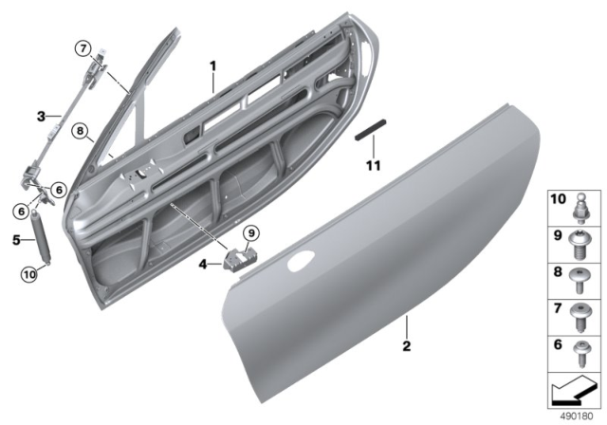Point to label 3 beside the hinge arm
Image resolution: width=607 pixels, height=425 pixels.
(41, 117)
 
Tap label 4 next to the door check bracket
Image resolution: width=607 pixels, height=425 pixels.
(202, 264)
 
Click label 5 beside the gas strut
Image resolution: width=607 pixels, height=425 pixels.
(17, 240)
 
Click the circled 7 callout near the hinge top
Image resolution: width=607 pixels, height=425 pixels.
(83, 48)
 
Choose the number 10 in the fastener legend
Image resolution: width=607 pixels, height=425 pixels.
(558, 199)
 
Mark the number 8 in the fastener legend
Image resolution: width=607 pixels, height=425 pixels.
(558, 271)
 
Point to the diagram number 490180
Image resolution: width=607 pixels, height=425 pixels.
(578, 416)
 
